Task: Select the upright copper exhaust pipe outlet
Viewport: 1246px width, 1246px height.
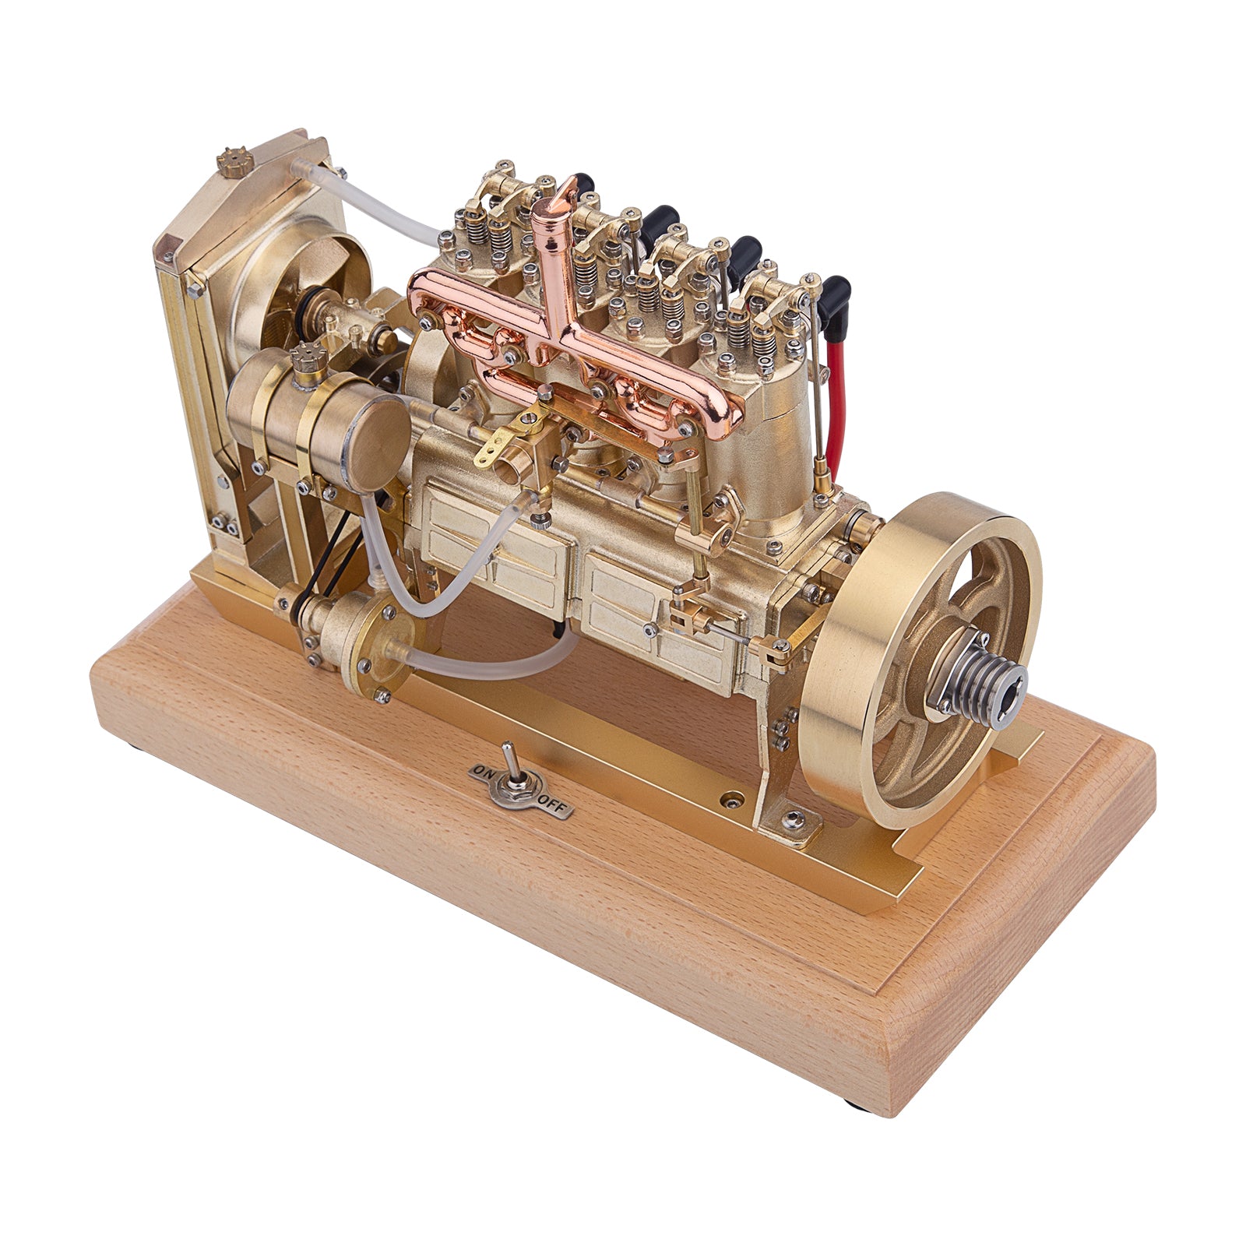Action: tap(554, 241)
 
